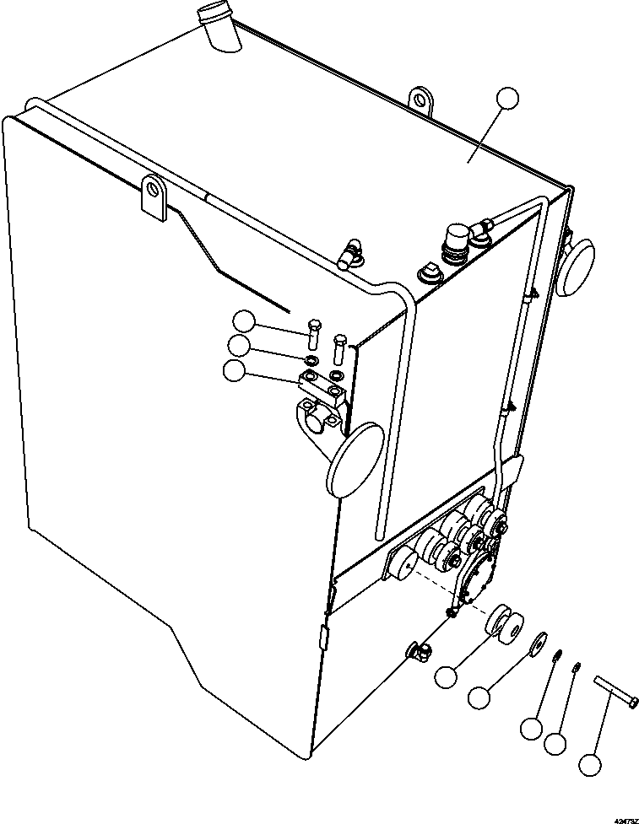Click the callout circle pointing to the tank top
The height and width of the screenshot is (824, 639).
(507, 99)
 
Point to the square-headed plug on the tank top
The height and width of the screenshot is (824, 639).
(427, 274)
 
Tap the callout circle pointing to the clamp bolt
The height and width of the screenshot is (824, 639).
(245, 320)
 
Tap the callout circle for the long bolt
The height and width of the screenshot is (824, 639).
(590, 765)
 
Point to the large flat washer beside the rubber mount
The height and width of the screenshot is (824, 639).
(537, 641)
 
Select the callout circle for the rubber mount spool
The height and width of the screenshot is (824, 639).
(447, 675)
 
